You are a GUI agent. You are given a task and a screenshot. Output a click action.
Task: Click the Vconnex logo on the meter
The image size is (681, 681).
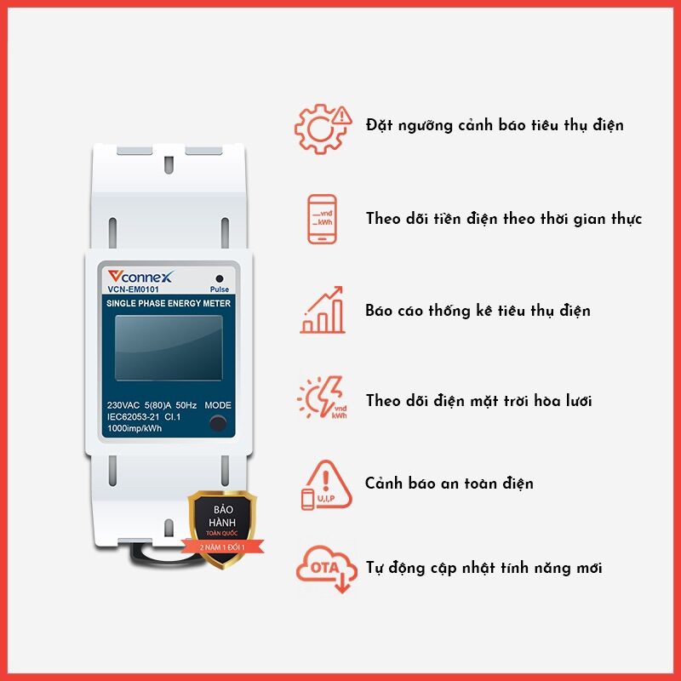140,276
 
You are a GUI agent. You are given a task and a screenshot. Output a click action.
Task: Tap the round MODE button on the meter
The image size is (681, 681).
218,423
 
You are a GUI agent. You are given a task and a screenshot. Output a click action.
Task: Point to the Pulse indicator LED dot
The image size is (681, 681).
220,278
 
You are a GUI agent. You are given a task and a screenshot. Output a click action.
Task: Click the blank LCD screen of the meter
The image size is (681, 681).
169,348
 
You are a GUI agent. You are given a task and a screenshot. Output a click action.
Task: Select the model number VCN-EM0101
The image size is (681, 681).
133,289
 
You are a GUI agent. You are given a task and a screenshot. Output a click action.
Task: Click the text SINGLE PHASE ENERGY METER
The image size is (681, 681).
169,303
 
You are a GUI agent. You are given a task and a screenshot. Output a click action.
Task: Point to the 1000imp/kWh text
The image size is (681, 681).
134,428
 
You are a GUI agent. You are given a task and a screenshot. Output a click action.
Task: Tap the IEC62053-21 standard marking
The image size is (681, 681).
133,417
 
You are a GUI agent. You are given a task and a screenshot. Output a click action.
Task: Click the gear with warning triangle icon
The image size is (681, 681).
323,129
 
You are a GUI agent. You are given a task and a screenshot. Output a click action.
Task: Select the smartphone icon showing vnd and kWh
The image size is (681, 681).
322,220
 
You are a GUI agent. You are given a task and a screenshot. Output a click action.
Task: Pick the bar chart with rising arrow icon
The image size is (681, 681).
323,310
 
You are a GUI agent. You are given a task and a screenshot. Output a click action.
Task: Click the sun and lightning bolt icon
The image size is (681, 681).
323,398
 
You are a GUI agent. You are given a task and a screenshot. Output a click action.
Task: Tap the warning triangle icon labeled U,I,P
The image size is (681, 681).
326,485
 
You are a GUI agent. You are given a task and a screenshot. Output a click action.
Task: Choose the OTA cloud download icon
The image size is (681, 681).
327,569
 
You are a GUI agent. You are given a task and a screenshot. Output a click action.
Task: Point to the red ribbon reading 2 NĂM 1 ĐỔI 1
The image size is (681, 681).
222,547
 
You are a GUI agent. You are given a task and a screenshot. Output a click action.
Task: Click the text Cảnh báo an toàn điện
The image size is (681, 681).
449,484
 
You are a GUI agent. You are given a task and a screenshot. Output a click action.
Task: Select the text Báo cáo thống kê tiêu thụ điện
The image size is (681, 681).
478,311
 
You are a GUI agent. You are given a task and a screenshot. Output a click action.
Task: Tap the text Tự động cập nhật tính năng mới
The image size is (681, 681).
484,568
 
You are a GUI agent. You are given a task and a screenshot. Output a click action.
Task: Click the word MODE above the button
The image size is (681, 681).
218,405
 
